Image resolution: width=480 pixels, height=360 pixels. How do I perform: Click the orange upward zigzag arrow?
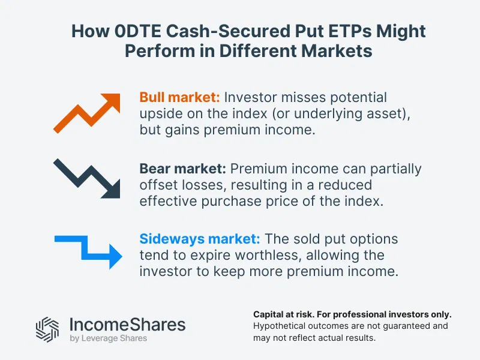tap(87, 112)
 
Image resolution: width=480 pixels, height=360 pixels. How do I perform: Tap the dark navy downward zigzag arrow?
tap(87, 178)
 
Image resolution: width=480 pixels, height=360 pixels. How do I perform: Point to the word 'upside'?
tap(161, 114)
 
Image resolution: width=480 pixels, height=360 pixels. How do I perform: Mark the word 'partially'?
tap(392, 169)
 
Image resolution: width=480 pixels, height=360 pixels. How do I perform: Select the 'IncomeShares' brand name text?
tap(128, 325)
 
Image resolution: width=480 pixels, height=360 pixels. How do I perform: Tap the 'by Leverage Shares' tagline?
tap(109, 340)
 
